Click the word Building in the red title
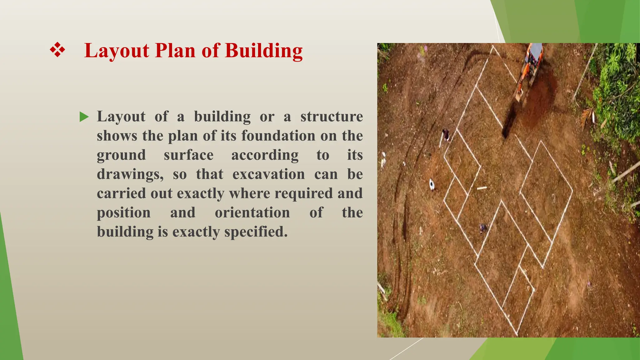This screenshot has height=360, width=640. [x=263, y=51]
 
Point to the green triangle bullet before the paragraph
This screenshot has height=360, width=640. [x=84, y=117]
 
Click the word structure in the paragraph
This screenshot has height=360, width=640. [x=331, y=117]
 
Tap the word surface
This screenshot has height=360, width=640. [x=188, y=155]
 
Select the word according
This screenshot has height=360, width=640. [x=265, y=155]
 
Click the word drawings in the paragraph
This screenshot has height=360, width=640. [x=130, y=174]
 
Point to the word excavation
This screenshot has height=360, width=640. [x=268, y=174]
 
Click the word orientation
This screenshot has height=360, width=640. [x=252, y=213]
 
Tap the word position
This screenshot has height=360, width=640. [x=124, y=213]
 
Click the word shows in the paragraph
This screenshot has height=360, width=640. [x=117, y=136]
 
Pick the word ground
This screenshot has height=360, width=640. [x=121, y=155]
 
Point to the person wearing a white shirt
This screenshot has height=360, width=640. [x=432, y=184]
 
